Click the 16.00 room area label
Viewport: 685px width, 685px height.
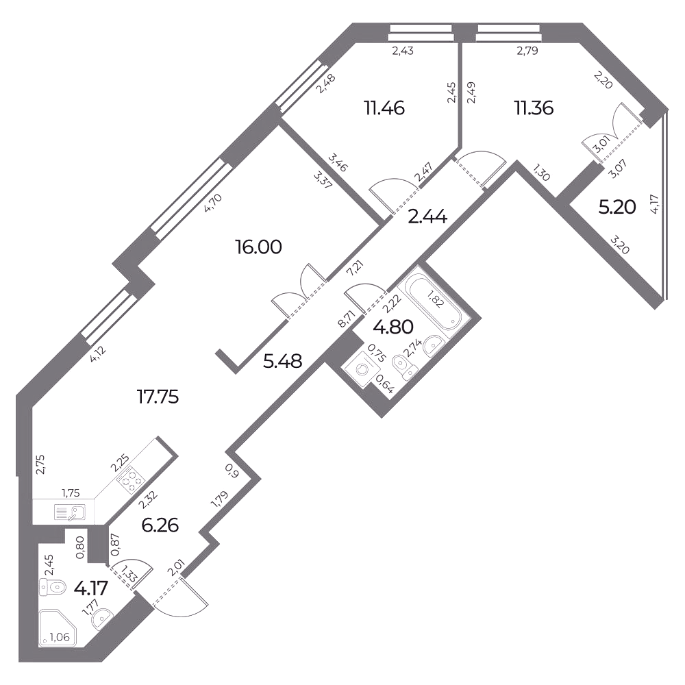258,247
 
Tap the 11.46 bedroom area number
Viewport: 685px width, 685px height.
385,108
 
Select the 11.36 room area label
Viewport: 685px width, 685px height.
534,108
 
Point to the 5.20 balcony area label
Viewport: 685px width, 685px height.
617,208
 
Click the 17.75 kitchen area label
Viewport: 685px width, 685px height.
158,397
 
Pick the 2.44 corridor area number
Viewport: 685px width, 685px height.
427,216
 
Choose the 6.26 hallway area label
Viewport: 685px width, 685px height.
160,525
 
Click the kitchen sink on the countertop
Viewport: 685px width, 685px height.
70,512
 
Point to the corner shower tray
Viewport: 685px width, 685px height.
58,627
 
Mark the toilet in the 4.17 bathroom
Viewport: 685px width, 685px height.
52,587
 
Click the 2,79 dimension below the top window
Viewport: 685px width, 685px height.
527,51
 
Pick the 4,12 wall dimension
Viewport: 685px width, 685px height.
99,355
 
